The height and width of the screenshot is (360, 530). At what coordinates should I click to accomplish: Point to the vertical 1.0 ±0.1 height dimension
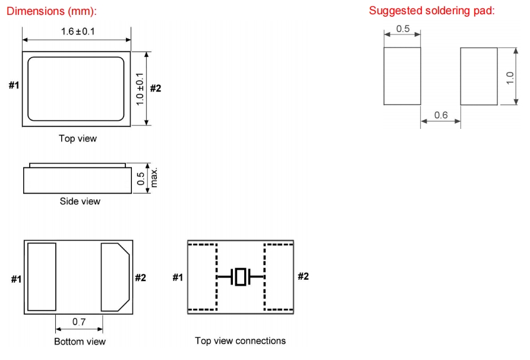pos(141,88)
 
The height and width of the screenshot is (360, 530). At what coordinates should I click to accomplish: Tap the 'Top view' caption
pos(77,138)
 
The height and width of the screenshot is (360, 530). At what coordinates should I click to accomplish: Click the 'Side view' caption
pos(80,201)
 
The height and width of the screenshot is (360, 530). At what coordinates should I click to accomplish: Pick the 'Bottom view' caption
pos(80,342)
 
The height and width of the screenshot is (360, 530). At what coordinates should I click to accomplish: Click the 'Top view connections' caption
pos(240,340)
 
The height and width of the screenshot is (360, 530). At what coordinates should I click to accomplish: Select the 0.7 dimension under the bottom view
pos(79,322)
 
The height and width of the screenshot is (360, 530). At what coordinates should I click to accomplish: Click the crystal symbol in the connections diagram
pos(240,276)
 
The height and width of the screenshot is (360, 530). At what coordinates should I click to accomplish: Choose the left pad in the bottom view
pos(42,276)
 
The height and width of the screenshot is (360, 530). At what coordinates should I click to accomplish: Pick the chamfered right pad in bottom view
pos(115,276)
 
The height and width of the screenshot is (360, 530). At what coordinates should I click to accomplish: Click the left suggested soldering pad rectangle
pos(402,76)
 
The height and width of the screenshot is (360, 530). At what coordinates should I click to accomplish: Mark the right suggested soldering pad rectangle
pos(478,76)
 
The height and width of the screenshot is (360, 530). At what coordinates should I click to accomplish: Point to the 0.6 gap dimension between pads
pos(440,115)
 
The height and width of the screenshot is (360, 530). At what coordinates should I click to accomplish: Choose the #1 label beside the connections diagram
pos(178,277)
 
